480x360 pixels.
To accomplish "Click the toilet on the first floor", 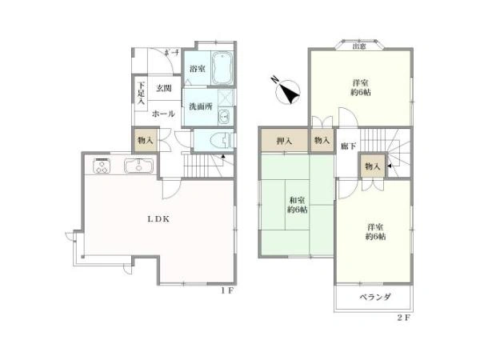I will click(217, 141).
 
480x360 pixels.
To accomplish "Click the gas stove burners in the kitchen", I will click(103, 168).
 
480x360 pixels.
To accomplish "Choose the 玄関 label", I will click(165, 87).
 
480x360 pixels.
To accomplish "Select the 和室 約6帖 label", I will click(298, 206).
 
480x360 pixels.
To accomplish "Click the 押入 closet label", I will click(283, 141).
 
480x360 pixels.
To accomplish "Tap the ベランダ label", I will click(374, 298).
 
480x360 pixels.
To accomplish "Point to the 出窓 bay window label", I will click(360, 46).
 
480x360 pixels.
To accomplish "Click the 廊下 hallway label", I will click(346, 147).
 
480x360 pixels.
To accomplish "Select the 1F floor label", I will click(227, 291).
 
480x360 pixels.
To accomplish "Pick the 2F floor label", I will click(403, 318).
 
